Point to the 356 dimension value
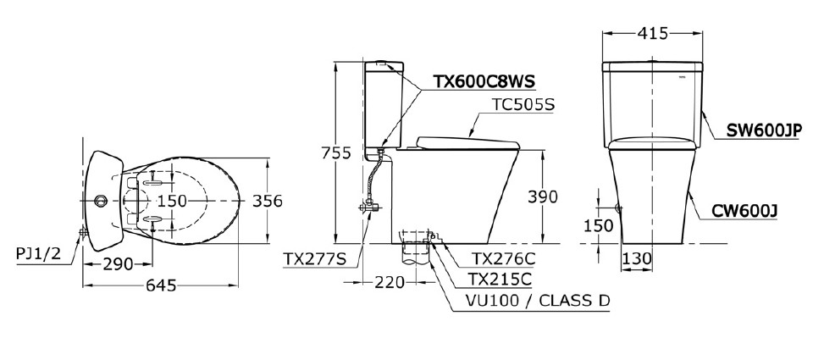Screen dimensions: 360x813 pos(267,201)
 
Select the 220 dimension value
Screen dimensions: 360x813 pos(390,283)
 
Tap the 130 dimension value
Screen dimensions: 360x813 pos(638,258)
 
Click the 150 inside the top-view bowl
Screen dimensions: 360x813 pos(171,201)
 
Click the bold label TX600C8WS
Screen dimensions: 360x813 pos(484,82)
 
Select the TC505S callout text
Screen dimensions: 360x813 pos(523,105)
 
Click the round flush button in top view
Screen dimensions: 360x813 pos(101,201)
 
